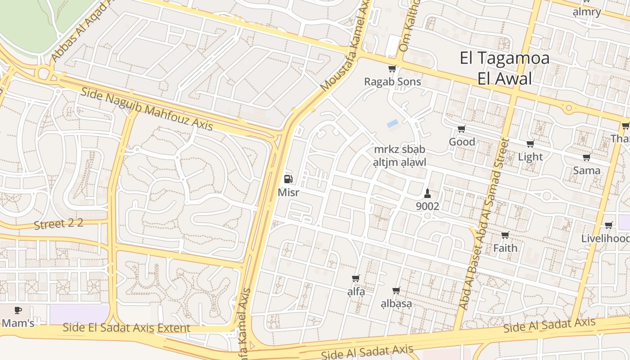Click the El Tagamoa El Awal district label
pyautogui.click(x=504, y=68)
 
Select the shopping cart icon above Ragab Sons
pyautogui.click(x=392, y=69)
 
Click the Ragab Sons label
pyautogui.click(x=392, y=81)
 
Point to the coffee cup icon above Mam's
pyautogui.click(x=18, y=310)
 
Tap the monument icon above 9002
pyautogui.click(x=427, y=194)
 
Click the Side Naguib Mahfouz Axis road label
pyautogui.click(x=147, y=109)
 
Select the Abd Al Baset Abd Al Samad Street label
pyautogui.click(x=484, y=224)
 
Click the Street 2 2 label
pyautogui.click(x=58, y=224)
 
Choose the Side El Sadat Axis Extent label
pyautogui.click(x=126, y=328)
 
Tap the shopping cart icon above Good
pyautogui.click(x=461, y=129)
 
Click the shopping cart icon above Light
pyautogui.click(x=530, y=144)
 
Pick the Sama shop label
pyautogui.click(x=586, y=171)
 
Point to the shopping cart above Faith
pyautogui.click(x=505, y=235)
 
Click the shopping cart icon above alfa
pyautogui.click(x=355, y=279)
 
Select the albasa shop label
pyautogui.click(x=396, y=304)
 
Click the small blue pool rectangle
pyautogui.click(x=392, y=123)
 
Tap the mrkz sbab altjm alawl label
pyautogui.click(x=400, y=156)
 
